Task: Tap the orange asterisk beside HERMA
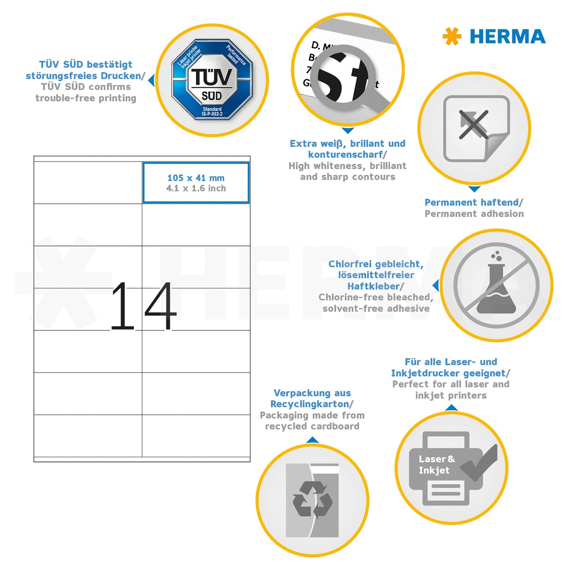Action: pos(452,36)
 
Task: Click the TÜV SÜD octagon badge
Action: pos(212,80)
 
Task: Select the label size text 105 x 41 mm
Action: pos(196,178)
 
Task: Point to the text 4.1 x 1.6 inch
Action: pos(196,188)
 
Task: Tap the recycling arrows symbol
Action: pos(312,499)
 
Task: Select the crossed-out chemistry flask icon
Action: pos(496,286)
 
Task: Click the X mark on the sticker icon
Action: pos(474,125)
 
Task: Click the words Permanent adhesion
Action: pos(474,214)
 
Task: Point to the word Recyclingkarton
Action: pos(309,404)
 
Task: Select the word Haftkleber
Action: pos(373,286)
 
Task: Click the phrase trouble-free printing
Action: pos(86,98)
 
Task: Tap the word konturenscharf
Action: pos(345,155)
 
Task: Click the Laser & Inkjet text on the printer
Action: pos(436,465)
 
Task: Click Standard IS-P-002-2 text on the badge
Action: pos(212,112)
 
